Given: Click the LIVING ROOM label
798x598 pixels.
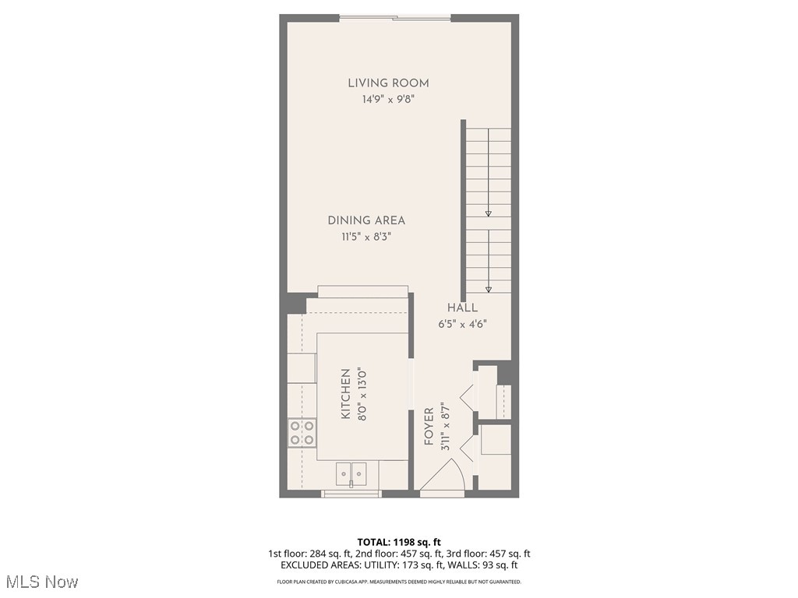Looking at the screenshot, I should [x=388, y=83].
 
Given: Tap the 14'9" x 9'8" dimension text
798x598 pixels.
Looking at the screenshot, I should [x=388, y=100].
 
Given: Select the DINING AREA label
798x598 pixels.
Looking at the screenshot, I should [x=366, y=220].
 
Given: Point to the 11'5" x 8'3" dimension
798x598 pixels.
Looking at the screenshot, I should [x=366, y=237].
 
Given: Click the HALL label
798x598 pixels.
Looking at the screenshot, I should [x=462, y=308].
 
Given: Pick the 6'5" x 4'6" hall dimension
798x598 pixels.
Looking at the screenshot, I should [x=462, y=324].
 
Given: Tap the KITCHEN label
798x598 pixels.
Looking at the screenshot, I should [x=346, y=395].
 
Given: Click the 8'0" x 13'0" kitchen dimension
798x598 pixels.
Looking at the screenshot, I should [x=362, y=395].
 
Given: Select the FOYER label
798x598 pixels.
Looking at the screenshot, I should [x=429, y=427].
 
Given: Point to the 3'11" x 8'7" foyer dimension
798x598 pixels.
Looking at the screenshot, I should [x=445, y=427].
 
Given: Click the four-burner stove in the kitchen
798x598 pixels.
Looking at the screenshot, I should [x=302, y=432].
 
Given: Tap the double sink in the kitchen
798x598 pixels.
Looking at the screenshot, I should [x=351, y=472].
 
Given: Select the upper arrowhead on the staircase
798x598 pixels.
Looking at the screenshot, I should [x=489, y=213].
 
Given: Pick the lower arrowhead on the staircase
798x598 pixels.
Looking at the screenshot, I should [x=489, y=289].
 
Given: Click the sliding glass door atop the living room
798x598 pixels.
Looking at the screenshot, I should [x=395, y=17].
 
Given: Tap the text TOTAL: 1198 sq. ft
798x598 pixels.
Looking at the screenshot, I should [x=399, y=542].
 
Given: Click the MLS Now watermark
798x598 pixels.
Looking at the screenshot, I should [x=42, y=582].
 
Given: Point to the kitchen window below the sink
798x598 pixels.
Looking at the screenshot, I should [x=351, y=493].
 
